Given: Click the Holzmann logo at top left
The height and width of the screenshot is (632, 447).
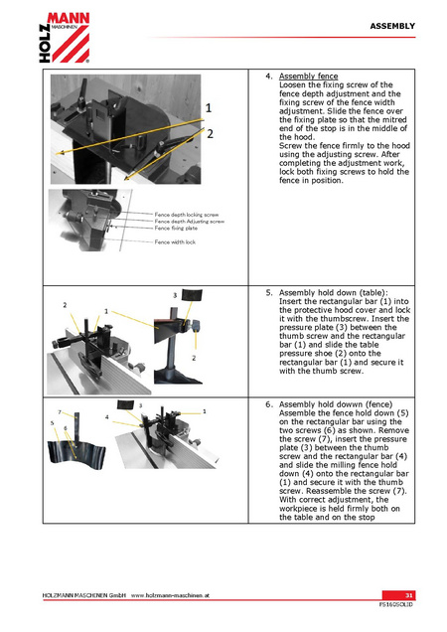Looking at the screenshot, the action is [65, 38].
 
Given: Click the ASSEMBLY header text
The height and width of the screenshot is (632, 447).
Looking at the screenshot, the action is [392, 26].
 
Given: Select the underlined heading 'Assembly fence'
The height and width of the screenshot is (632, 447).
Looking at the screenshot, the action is [308, 77].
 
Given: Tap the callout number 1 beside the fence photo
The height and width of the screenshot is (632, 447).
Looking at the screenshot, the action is [209, 108].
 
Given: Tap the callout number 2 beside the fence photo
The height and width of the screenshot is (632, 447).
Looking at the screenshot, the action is [210, 134].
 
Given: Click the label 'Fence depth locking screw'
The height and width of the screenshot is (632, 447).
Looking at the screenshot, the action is [187, 215].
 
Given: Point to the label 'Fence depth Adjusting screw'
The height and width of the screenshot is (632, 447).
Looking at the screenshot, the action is [190, 222].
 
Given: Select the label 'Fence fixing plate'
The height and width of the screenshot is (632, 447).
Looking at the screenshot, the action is [176, 229].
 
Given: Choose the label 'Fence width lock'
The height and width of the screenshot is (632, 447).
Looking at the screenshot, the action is [175, 242].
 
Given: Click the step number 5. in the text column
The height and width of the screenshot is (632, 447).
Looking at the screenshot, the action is [269, 293].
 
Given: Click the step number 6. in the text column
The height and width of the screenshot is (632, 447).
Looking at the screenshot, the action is [269, 404].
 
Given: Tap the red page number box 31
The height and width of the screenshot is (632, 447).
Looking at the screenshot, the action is [398, 595].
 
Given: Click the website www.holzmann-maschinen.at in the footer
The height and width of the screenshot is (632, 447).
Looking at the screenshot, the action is [170, 595].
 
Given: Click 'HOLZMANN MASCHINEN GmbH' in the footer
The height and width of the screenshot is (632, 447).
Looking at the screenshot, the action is [84, 595].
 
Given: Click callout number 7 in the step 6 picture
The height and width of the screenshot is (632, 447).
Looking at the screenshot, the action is [60, 412].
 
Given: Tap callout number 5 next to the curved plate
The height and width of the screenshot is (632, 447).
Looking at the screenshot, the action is [52, 422].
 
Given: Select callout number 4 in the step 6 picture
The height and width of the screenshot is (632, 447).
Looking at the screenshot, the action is [107, 417].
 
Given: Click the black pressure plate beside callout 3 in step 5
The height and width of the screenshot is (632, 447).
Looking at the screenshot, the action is [192, 295].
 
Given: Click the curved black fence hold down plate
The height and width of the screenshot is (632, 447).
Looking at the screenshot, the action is [75, 455].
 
